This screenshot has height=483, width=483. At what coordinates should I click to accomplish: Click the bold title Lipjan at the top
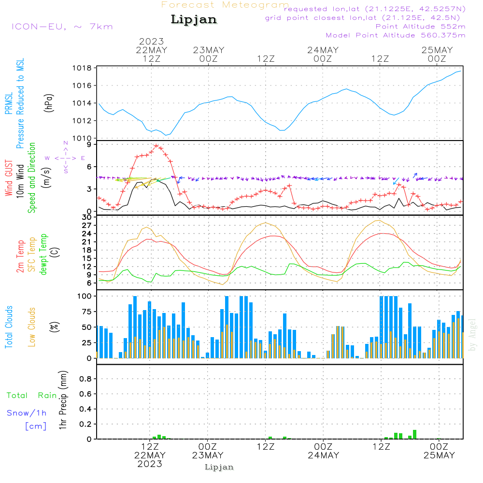point(194,20)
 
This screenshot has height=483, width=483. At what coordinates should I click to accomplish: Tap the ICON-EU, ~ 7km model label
point(62,27)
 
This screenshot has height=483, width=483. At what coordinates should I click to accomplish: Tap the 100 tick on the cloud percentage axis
point(85,296)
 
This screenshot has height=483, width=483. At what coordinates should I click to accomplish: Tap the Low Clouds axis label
point(32,327)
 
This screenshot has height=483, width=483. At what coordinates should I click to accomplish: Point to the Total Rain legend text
point(32,396)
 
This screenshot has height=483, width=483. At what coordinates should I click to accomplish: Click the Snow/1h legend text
point(27,413)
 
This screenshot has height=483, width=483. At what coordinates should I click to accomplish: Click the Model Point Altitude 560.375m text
point(396,35)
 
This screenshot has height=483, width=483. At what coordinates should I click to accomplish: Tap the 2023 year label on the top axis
point(151,42)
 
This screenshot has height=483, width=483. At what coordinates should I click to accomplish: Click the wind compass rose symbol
point(65,157)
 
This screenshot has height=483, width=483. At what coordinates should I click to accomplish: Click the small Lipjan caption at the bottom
point(219,467)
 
